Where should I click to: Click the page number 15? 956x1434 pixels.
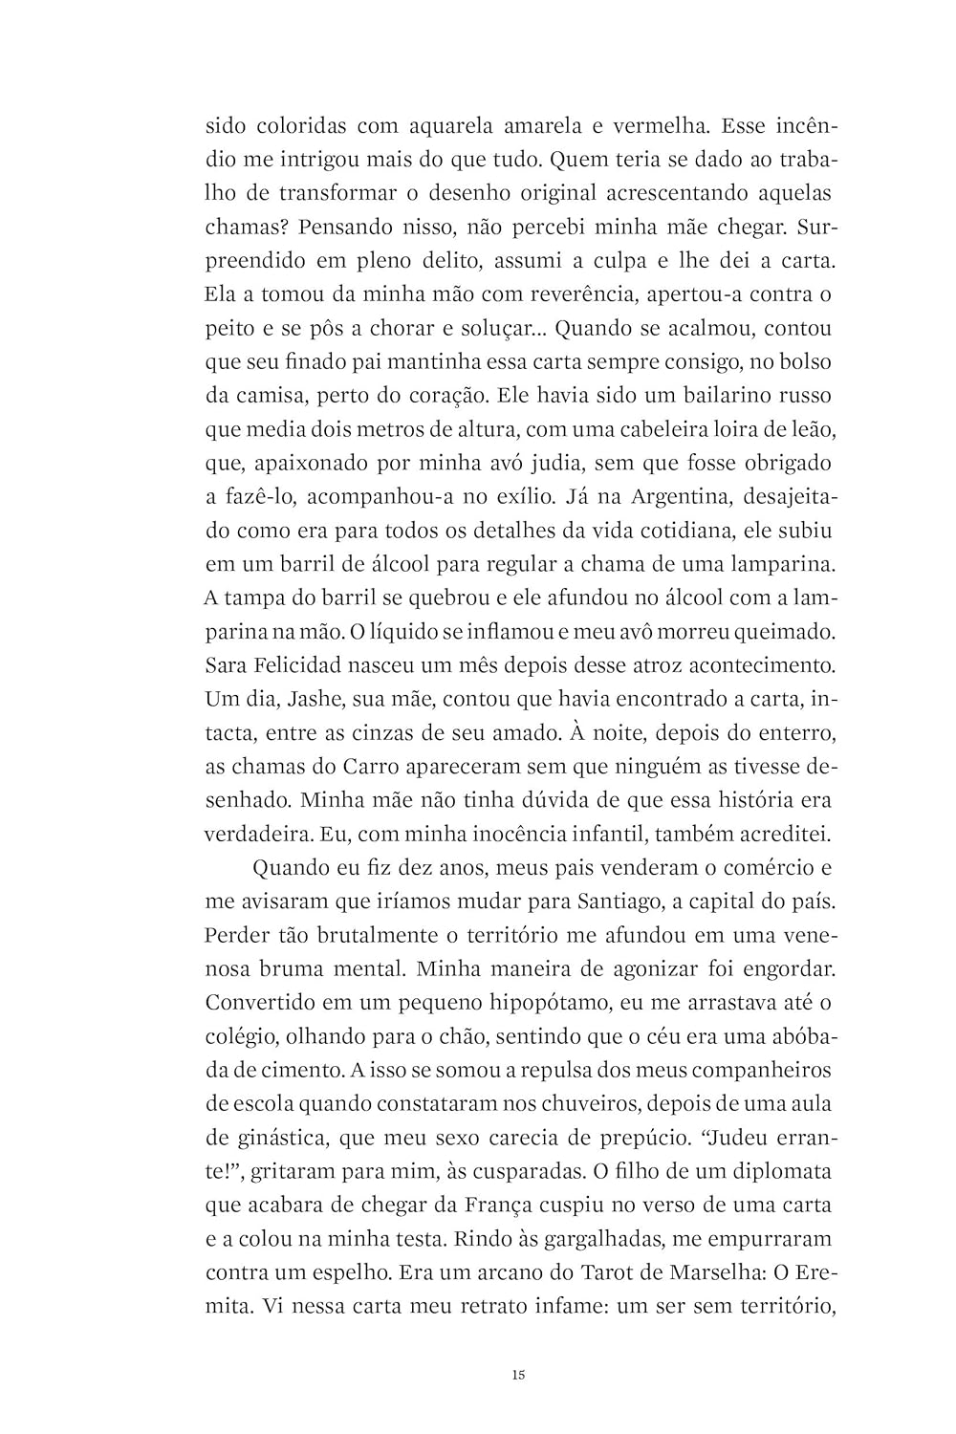[x=517, y=1376]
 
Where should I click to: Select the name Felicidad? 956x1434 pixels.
[x=304, y=663]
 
